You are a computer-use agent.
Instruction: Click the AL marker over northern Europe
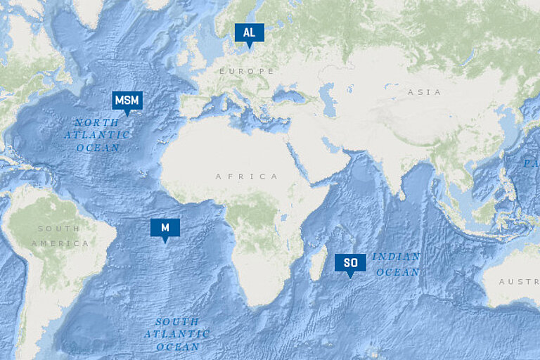tap(249, 33)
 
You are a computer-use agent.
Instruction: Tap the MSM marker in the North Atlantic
tap(127, 101)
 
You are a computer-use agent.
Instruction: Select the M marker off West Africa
tap(165, 228)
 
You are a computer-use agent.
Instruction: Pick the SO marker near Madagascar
tap(350, 263)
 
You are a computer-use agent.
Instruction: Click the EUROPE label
tap(246, 72)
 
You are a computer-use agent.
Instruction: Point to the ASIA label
tap(424, 92)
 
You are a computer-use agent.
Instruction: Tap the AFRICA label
tap(247, 176)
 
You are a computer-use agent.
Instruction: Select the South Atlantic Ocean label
tap(176, 334)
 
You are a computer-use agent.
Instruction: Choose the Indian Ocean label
tap(397, 264)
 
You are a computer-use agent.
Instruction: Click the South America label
tap(59, 236)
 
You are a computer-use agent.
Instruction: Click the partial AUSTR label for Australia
tap(519, 282)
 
